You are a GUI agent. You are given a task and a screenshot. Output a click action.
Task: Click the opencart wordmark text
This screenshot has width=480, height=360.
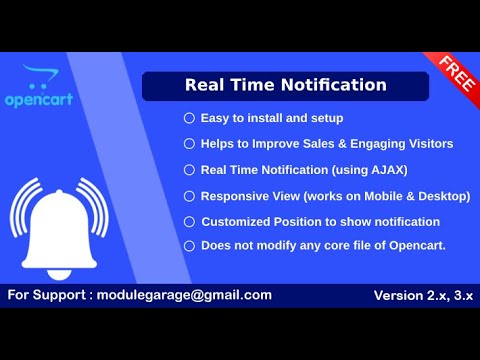coord(46,101)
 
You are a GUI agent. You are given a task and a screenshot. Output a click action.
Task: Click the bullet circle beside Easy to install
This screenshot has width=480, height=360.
coord(189,118)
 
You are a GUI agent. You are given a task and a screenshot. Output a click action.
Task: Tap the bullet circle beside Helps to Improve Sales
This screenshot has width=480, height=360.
coord(189,144)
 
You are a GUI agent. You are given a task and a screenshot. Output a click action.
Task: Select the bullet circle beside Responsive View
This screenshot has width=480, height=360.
coord(189,196)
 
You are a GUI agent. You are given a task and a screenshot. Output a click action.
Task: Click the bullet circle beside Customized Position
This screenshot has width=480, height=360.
coord(189,221)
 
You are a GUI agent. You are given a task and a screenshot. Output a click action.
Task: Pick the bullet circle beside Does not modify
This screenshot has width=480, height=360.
coord(189,245)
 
